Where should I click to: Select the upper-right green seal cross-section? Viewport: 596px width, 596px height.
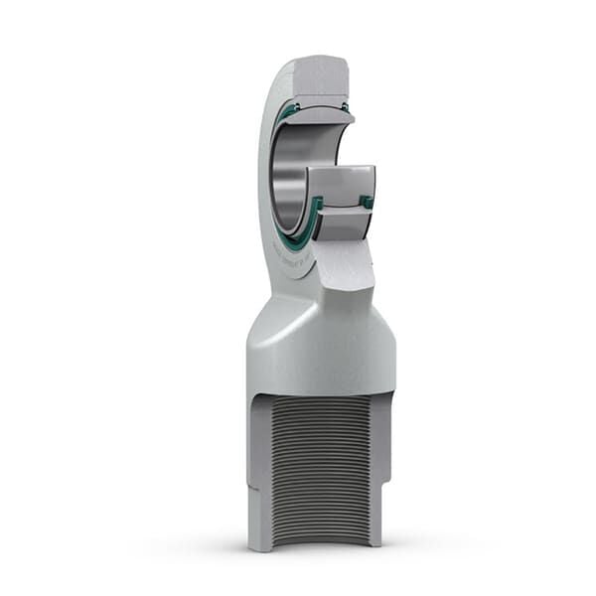(348, 106)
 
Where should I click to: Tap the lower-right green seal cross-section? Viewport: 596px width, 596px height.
(367, 202)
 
